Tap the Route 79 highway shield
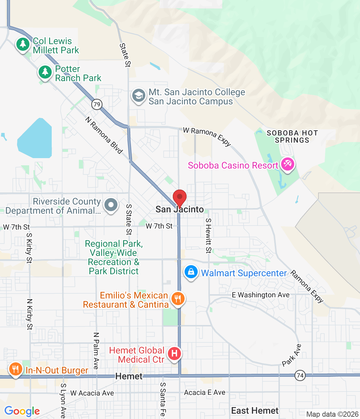pos(97,104)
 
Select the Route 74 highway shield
pos(300,375)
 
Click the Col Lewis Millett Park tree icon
pos(23,44)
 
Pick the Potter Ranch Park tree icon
pos(45,72)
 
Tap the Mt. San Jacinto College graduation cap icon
pos(139,96)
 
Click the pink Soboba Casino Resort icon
pos(288,164)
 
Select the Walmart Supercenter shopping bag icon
pos(191,272)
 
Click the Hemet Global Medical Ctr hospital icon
pos(174,354)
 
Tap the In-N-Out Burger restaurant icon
pos(15,369)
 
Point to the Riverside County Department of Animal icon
pos(111,205)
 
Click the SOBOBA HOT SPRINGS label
pos(292,137)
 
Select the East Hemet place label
pos(255,410)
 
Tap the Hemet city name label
pos(129,376)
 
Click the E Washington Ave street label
pos(261,295)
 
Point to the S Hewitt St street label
pos(208,236)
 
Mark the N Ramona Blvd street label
pos(104,135)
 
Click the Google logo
pos(22,411)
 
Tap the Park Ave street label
pos(292,355)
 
